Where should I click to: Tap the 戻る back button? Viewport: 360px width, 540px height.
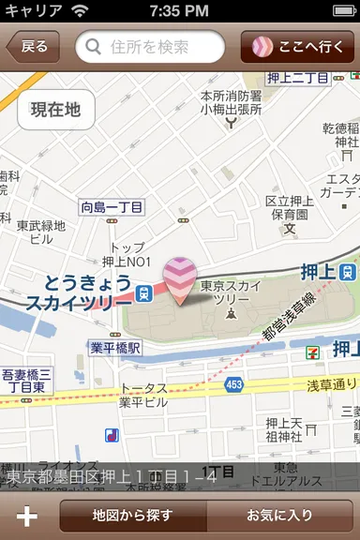coord(32,47)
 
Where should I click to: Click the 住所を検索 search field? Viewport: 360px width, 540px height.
coord(150,47)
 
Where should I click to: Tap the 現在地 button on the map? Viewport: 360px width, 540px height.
coord(55,111)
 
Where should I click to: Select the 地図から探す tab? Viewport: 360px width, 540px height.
coord(132,515)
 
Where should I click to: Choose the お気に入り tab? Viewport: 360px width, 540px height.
coord(279,515)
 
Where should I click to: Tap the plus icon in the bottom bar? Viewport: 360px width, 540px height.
coord(27,516)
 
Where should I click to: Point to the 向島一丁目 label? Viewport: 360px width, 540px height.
coord(112,206)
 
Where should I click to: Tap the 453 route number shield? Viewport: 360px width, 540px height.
coord(233,383)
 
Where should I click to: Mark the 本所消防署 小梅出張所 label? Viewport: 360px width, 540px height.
coord(232,102)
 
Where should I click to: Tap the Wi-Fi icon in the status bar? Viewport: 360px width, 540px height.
coord(80,10)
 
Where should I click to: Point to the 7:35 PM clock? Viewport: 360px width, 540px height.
coord(179,10)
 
